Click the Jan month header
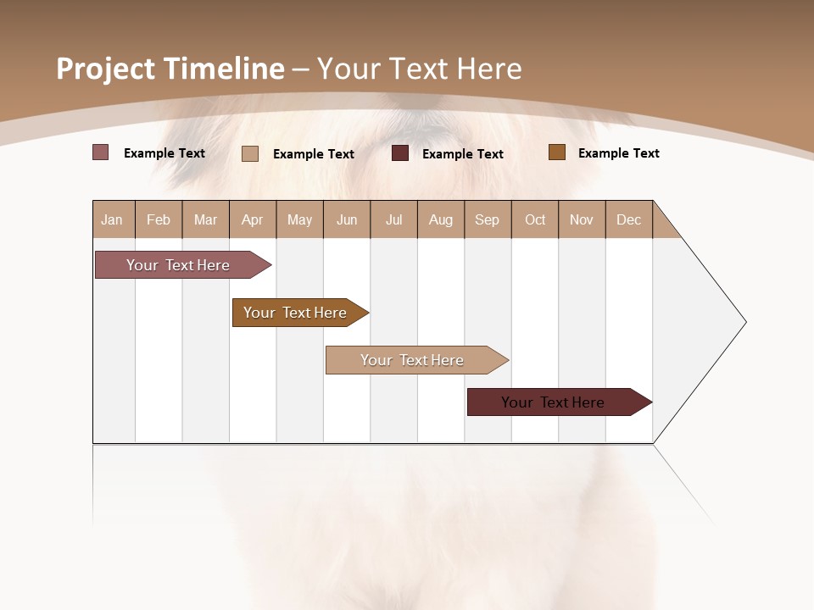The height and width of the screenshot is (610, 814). [112, 219]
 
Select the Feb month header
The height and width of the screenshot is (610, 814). [159, 219]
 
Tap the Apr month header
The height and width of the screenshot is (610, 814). [253, 219]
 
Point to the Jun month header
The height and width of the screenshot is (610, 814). [347, 219]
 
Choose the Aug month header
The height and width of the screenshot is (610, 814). [441, 219]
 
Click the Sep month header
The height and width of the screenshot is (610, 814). [488, 219]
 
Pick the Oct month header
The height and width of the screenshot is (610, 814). [535, 219]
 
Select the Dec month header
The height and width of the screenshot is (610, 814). [629, 219]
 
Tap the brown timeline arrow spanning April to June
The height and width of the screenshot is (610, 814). [297, 313]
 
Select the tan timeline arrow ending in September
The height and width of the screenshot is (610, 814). [414, 360]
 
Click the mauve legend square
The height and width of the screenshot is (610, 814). [101, 152]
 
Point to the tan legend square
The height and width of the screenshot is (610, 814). [250, 153]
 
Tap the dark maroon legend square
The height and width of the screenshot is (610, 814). [400, 153]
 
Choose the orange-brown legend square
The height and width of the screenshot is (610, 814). [557, 152]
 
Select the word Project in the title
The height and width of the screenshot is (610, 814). [105, 69]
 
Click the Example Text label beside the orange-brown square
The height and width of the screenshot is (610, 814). [619, 153]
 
